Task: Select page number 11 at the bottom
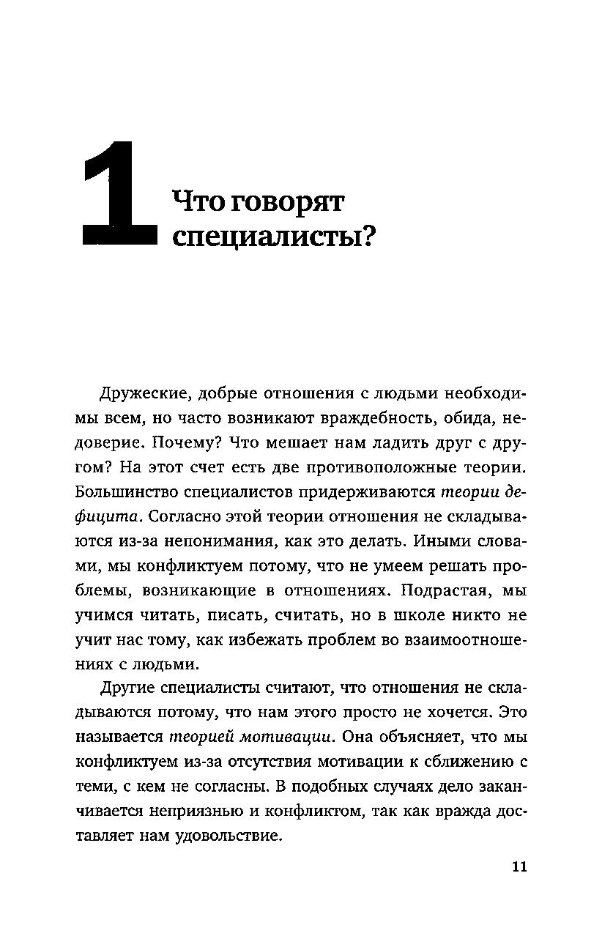518,867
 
